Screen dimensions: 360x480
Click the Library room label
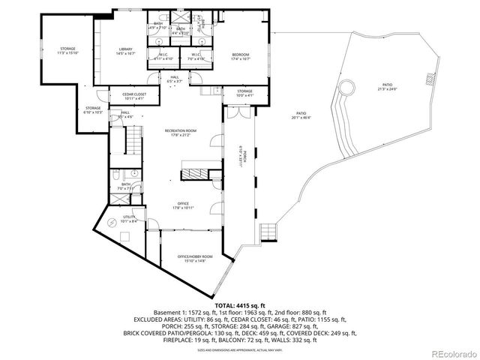[x=124, y=51]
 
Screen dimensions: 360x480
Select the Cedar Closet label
[x=129, y=96]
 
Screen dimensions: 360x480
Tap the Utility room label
[x=128, y=219]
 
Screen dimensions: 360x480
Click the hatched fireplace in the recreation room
[x=193, y=174]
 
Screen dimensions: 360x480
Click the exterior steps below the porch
[x=268, y=230]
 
